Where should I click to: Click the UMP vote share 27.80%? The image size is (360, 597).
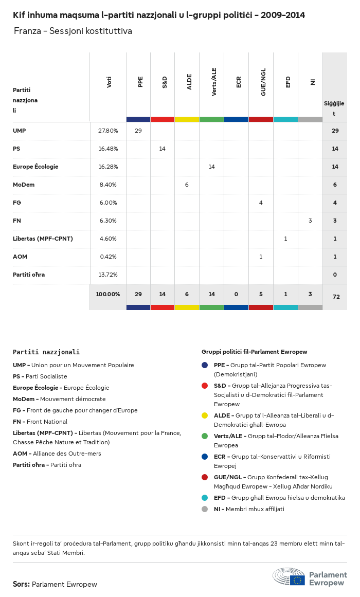pyautogui.click(x=108, y=131)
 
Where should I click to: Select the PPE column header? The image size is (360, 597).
pyautogui.click(x=140, y=82)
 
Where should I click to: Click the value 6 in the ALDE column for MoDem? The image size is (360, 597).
pyautogui.click(x=187, y=185)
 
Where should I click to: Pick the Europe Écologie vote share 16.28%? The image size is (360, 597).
pyautogui.click(x=108, y=167)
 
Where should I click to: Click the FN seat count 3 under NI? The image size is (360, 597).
pyautogui.click(x=310, y=221)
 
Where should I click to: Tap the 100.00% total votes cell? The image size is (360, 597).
pyautogui.click(x=108, y=294)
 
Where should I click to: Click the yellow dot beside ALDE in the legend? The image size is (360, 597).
pyautogui.click(x=205, y=415)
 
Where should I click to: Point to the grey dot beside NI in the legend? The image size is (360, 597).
pyautogui.click(x=205, y=509)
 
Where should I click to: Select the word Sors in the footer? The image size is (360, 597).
pyautogui.click(x=21, y=584)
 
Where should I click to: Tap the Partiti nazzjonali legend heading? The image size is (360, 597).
pyautogui.click(x=46, y=352)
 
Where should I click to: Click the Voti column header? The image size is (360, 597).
pyautogui.click(x=109, y=82)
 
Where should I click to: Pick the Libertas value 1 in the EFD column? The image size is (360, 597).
pyautogui.click(x=285, y=239)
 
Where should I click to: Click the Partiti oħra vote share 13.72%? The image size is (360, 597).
pyautogui.click(x=108, y=275)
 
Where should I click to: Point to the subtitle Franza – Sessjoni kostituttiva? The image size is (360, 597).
pyautogui.click(x=73, y=31)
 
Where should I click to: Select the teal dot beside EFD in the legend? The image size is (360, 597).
pyautogui.click(x=205, y=498)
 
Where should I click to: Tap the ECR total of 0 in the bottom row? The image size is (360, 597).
pyautogui.click(x=236, y=294)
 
